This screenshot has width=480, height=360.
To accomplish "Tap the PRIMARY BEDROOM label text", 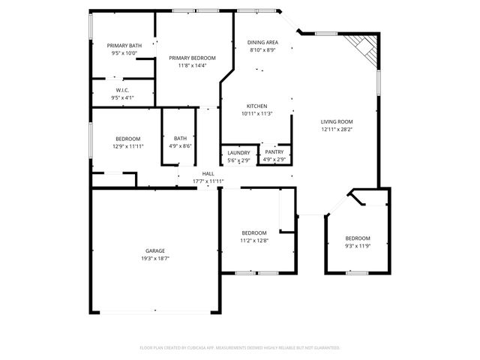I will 192,58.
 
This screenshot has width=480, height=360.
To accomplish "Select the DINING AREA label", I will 262,42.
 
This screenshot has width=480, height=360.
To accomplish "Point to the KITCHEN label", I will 257,106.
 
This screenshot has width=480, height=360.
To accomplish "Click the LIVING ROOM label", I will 337,121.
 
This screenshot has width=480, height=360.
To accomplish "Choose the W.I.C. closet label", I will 123,89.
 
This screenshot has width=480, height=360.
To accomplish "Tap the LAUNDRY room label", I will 239,153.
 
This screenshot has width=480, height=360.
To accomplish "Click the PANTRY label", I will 274,151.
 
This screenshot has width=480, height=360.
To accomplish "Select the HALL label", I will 208,173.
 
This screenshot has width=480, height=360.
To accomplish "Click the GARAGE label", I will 155,250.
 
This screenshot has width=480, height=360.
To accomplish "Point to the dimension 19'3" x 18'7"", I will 155,258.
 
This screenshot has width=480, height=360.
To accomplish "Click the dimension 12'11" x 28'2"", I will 337,129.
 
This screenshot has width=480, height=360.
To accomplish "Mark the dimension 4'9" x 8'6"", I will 181,145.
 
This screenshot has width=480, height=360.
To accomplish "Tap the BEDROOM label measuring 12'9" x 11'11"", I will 127,138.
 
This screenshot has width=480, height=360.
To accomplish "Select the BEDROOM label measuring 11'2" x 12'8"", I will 253,232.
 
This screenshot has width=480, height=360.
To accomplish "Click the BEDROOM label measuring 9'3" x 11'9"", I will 358,238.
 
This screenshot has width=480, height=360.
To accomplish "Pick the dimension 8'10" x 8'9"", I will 262,50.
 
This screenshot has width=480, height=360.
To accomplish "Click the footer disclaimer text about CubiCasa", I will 240,348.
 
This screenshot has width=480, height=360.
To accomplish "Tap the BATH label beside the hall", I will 181,138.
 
